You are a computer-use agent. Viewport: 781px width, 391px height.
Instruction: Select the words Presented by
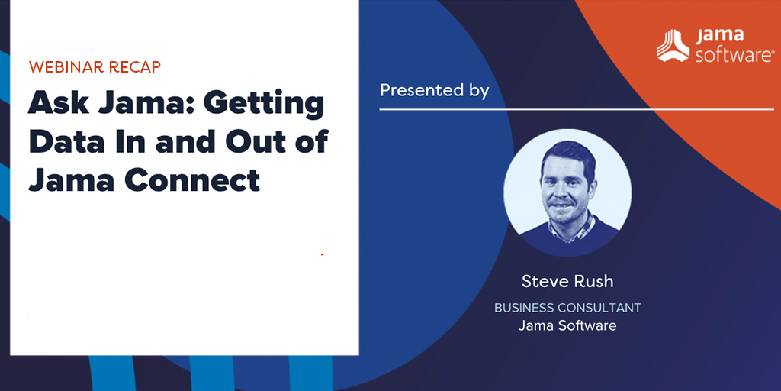click(434, 91)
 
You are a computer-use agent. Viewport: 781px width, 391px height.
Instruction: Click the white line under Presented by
click(577, 108)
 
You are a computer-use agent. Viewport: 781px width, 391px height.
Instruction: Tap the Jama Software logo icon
click(673, 46)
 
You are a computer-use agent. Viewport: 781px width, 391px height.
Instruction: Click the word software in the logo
click(734, 54)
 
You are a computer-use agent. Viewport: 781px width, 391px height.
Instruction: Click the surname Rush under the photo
click(595, 282)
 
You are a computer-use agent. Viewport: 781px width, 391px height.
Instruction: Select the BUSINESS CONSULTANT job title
click(567, 308)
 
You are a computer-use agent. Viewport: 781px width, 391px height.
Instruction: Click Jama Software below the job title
click(567, 325)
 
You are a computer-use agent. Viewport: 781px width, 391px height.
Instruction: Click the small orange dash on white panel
click(323, 254)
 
